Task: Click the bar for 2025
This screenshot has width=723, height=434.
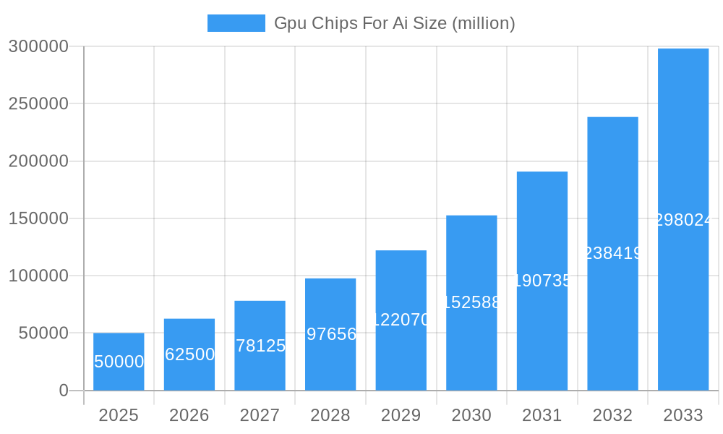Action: pyautogui.click(x=119, y=362)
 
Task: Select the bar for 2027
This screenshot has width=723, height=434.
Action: pyautogui.click(x=260, y=346)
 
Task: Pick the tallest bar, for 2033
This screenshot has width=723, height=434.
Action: pyautogui.click(x=683, y=219)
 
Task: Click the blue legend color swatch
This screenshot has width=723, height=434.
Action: pyautogui.click(x=236, y=23)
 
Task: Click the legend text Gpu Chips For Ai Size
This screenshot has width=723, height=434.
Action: pyautogui.click(x=394, y=23)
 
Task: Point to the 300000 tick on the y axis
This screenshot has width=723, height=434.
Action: pyautogui.click(x=38, y=46)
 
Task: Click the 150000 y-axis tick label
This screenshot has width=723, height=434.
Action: pyautogui.click(x=38, y=218)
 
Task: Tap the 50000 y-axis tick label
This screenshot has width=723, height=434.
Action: pyautogui.click(x=43, y=333)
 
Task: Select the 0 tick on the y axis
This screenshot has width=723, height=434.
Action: pyautogui.click(x=64, y=391)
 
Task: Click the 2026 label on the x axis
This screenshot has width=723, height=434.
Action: pyautogui.click(x=189, y=415)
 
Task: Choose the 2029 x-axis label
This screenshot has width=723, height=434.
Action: pyautogui.click(x=401, y=415)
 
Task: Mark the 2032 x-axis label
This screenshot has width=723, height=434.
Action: pyautogui.click(x=612, y=415)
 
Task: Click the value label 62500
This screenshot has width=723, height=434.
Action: pyautogui.click(x=189, y=354)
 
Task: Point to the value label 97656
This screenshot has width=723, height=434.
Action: pyautogui.click(x=331, y=334)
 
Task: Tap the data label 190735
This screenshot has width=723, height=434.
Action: pyautogui.click(x=542, y=281)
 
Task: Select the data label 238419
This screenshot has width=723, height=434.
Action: pyautogui.click(x=612, y=253)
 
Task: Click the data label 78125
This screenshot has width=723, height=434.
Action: pyautogui.click(x=260, y=346)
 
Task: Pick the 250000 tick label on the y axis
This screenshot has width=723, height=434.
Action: pyautogui.click(x=38, y=103)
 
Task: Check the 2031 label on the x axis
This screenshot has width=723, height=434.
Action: pyautogui.click(x=542, y=415)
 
